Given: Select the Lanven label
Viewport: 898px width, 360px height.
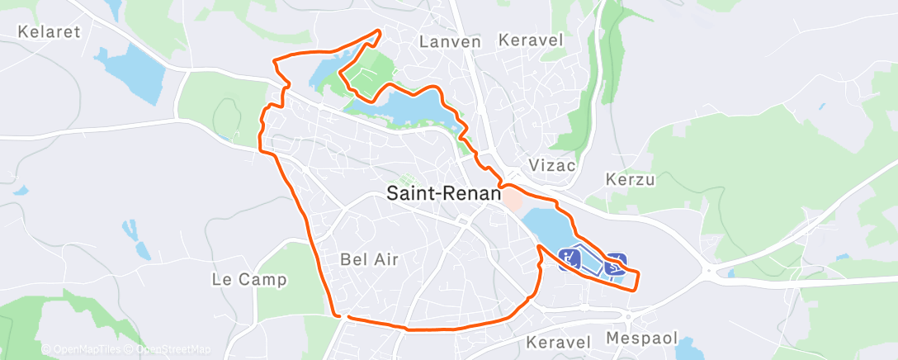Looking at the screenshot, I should click(x=449, y=40).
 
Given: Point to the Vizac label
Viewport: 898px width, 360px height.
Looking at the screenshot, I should click(x=549, y=165).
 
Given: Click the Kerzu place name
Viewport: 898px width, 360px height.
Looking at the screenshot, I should click(x=629, y=178).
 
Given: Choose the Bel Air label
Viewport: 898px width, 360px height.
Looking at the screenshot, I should click(x=369, y=259).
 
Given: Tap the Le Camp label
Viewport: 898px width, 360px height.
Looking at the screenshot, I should click(x=249, y=280).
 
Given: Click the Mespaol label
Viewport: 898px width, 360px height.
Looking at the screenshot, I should click(x=641, y=339).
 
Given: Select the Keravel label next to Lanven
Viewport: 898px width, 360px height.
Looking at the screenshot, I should click(x=530, y=40).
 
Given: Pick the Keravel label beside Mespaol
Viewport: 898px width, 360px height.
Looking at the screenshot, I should click(x=559, y=342).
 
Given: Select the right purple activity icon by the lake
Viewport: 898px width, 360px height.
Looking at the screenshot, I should click(x=616, y=263).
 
